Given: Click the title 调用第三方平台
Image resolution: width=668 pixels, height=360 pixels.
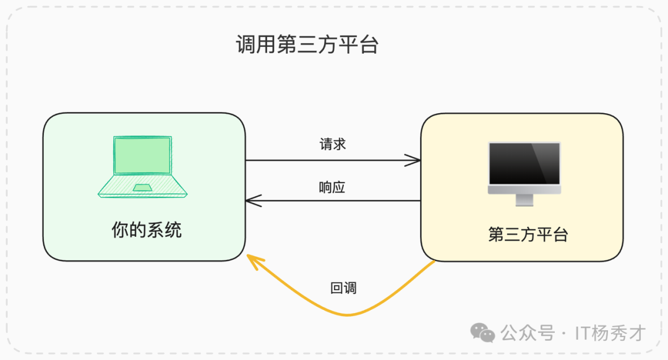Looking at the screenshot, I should click(x=307, y=45).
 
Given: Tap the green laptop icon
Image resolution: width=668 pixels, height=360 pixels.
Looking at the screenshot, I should click(x=143, y=166).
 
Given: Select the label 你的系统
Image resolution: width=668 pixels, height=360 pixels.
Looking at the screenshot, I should click(x=147, y=230).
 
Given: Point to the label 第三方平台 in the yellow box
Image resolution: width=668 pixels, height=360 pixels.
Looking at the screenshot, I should click(x=528, y=235).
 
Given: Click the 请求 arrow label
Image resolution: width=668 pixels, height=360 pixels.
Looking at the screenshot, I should click(x=333, y=144).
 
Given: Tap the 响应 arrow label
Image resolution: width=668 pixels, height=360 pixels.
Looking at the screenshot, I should click(x=332, y=187).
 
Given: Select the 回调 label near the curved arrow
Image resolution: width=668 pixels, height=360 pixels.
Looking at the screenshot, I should click(x=343, y=288).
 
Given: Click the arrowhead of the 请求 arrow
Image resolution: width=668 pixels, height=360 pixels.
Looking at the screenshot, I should click(x=416, y=160).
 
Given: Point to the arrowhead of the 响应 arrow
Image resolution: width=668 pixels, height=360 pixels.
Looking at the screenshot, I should click(x=250, y=200).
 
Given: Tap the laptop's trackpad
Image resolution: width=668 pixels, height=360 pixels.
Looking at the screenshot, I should click(x=143, y=187).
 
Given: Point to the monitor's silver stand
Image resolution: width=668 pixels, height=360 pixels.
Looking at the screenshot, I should click(x=524, y=200).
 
